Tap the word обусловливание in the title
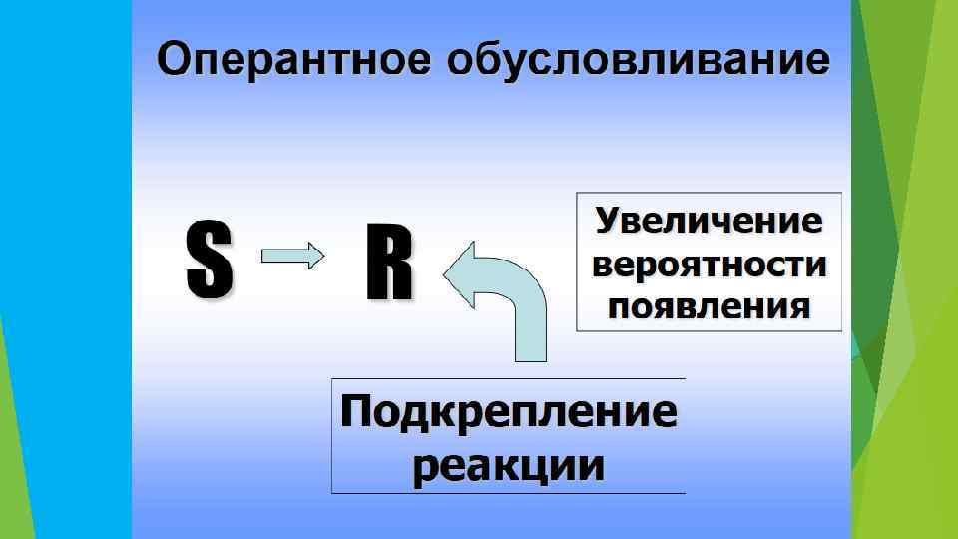pyautogui.click(x=638, y=59)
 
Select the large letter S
pyautogui.click(x=209, y=261)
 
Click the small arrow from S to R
pyautogui.click(x=292, y=257)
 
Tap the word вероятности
pyautogui.click(x=710, y=265)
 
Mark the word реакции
pyautogui.click(x=508, y=465)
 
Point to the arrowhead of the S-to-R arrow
pyautogui.click(x=314, y=257)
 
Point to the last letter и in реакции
pyautogui.click(x=592, y=465)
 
